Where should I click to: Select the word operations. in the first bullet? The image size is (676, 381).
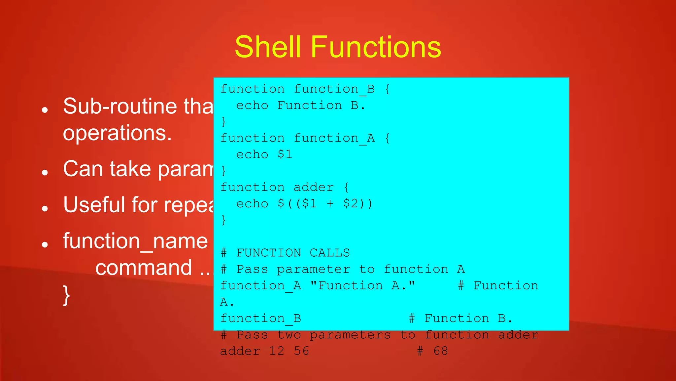point(117,133)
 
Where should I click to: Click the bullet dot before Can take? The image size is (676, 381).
point(45,172)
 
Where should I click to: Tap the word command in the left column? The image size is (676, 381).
point(144,268)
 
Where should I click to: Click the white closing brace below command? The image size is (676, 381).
point(66,295)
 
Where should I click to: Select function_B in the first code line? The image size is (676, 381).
point(334,89)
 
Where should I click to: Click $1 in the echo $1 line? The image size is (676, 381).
point(285,154)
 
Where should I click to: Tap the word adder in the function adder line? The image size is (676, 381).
point(314,187)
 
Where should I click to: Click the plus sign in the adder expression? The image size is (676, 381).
point(330,203)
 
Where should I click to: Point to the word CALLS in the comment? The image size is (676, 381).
point(329,253)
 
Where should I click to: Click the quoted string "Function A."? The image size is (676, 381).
point(362,285)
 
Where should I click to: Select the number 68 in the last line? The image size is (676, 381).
point(441,351)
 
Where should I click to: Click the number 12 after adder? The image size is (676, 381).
point(277,351)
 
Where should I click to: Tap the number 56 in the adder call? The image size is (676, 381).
point(301,351)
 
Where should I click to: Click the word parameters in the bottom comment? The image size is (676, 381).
point(350,335)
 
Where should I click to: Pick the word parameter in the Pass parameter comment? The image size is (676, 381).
point(313,269)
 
